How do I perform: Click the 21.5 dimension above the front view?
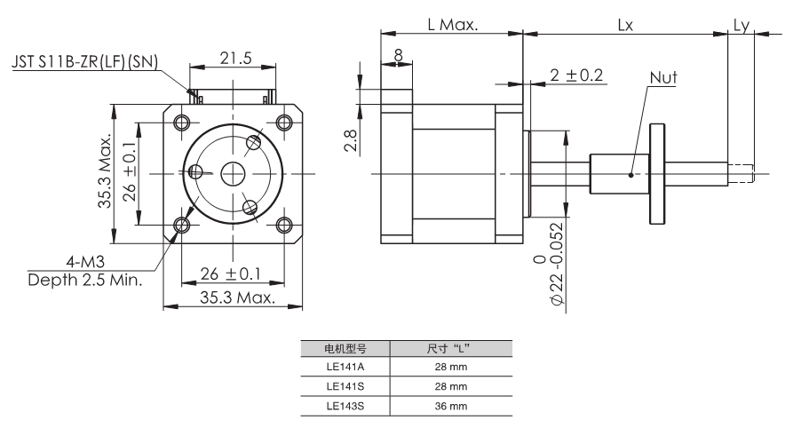pyautogui.click(x=235, y=59)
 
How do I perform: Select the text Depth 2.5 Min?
pyautogui.click(x=84, y=279)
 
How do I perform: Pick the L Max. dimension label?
pyautogui.click(x=452, y=25)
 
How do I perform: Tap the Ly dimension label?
pyautogui.click(x=741, y=25)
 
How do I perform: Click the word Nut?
pyautogui.click(x=662, y=79)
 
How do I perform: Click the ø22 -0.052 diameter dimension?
pyautogui.click(x=547, y=266)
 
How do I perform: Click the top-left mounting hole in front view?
pyautogui.click(x=183, y=122)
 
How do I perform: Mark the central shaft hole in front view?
pyautogui.click(x=234, y=172)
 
